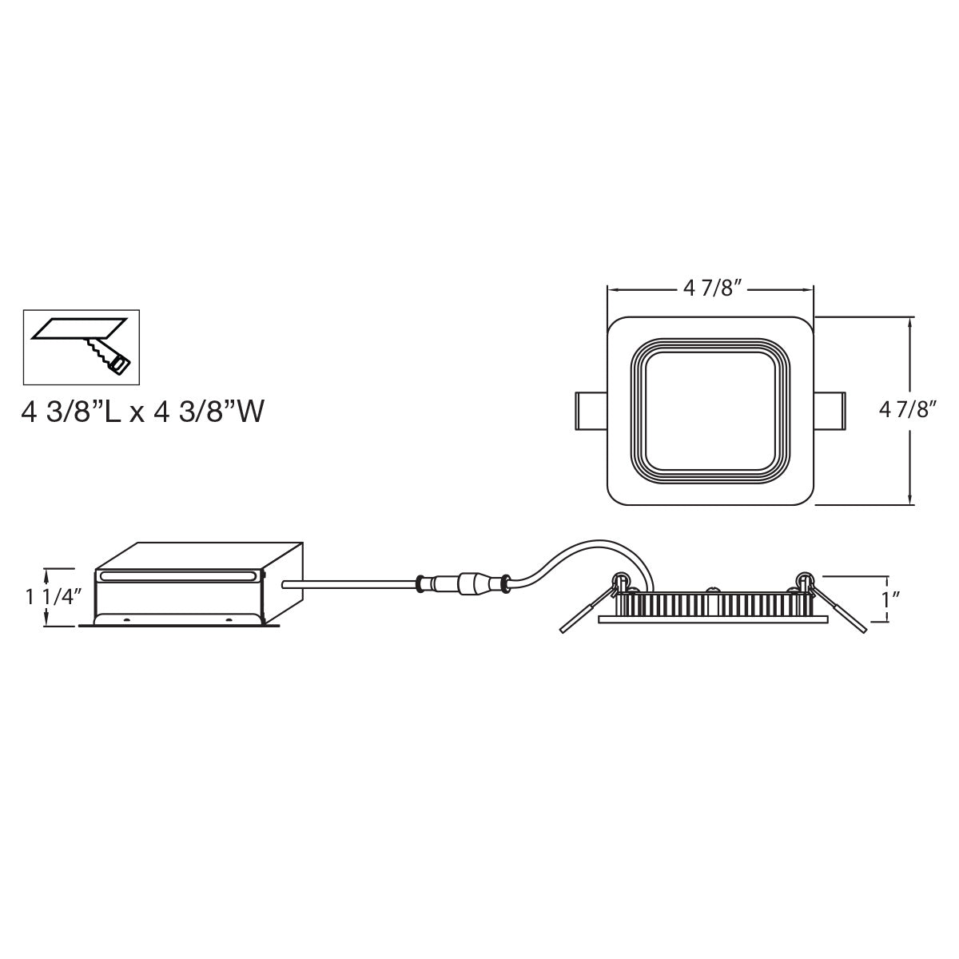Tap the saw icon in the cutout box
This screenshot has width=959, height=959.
tap(108, 356)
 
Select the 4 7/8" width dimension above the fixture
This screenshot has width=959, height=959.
tap(710, 288)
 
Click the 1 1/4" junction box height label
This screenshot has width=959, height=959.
tap(53, 597)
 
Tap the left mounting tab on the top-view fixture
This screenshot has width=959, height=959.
tap(591, 411)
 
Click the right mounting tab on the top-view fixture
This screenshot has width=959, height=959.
tap(830, 411)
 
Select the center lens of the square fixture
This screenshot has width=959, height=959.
tap(710, 411)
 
